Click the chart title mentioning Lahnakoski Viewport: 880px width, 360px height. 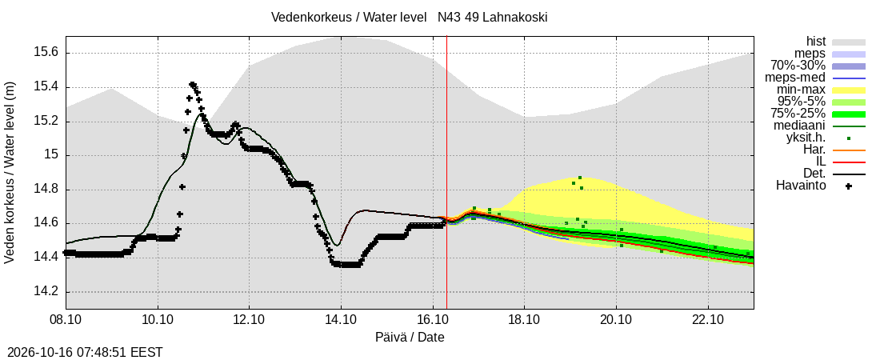point(409,18)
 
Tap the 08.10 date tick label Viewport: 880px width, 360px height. point(66,322)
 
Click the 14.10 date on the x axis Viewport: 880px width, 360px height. point(341,322)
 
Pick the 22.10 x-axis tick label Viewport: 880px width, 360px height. point(708,322)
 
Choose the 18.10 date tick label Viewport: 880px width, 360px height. point(524,322)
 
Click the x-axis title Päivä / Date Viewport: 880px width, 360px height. point(410,338)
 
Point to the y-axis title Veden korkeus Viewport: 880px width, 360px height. point(10,173)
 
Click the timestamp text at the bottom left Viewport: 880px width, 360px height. point(82,353)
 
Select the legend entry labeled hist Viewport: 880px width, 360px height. point(815,42)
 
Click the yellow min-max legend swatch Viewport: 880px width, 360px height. point(849,90)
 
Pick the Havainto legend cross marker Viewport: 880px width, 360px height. point(849,186)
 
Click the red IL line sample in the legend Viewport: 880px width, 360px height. point(849,162)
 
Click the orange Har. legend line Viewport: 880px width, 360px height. point(849,150)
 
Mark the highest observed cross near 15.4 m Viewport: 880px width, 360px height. point(192,84)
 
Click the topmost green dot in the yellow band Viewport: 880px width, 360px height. point(580,178)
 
